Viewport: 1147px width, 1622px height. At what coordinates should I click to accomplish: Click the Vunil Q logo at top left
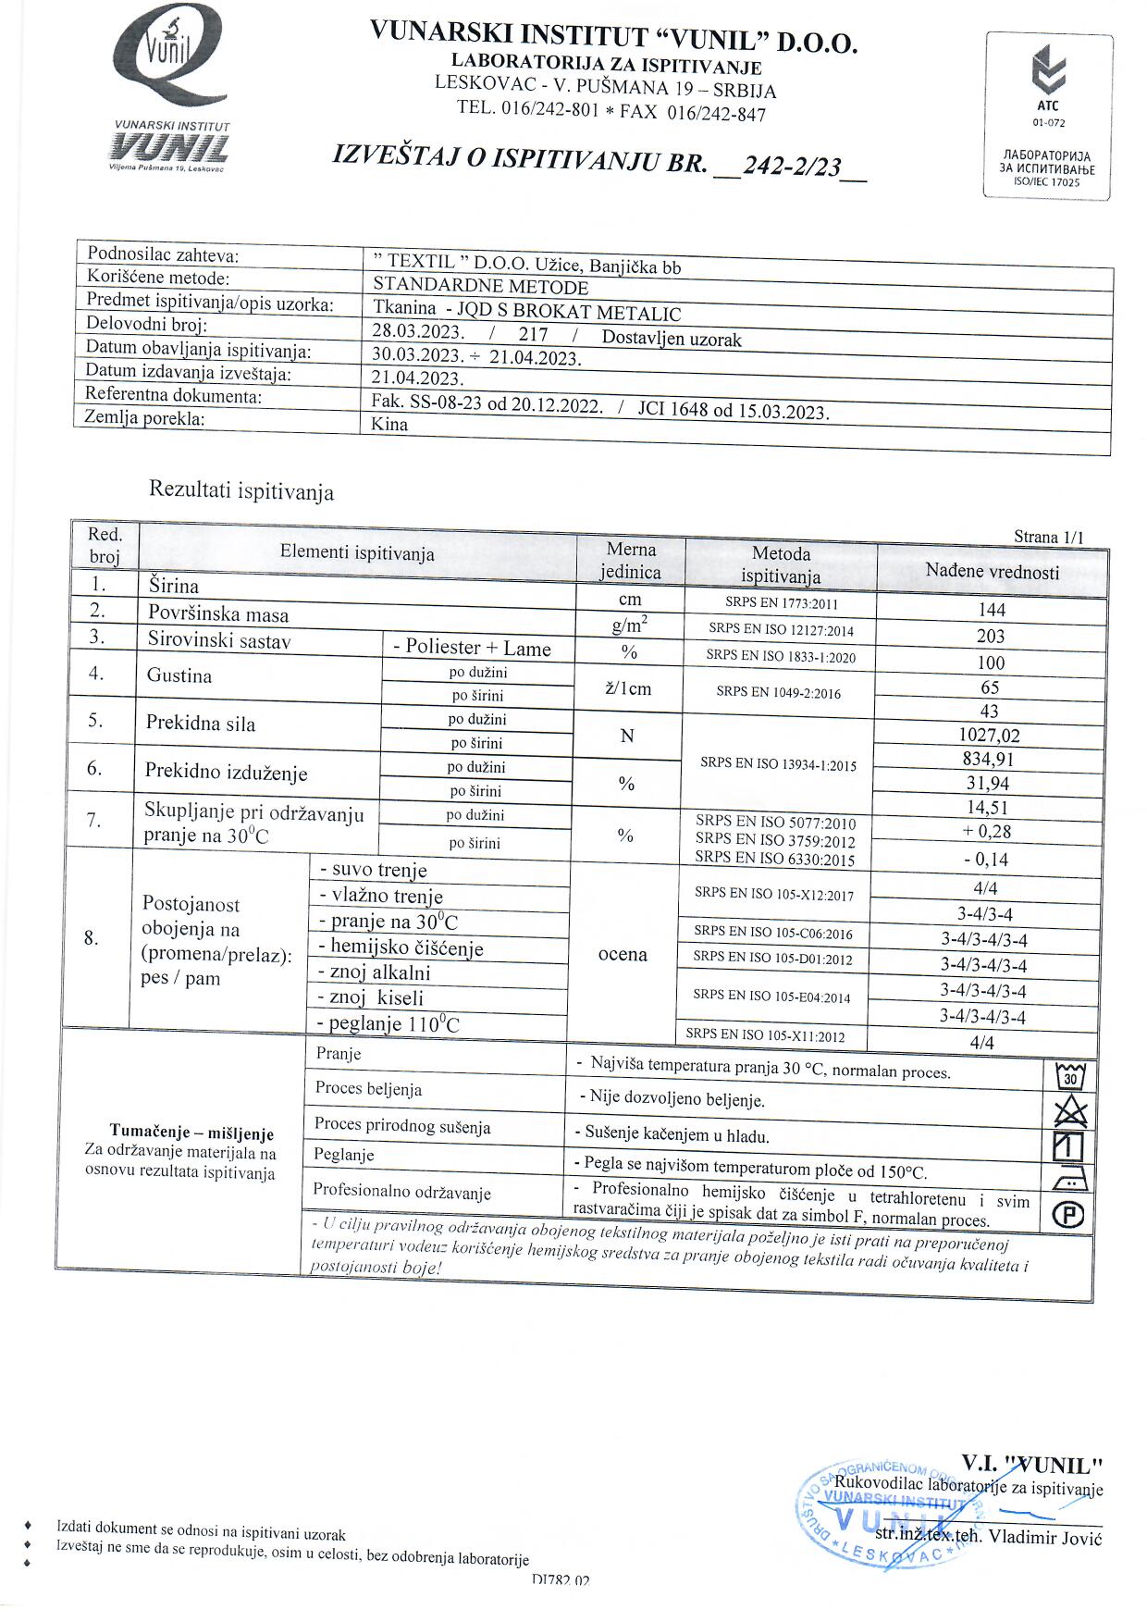pos(172,88)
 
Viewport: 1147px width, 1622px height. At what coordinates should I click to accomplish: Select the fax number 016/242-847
pos(716,114)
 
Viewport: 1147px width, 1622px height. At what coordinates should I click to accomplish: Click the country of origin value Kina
pos(389,424)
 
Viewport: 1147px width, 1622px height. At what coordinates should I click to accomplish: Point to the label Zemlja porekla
pos(144,417)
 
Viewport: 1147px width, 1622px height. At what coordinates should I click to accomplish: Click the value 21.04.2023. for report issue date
pos(416,378)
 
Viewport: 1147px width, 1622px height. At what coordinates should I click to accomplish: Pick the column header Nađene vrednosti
pos(992,571)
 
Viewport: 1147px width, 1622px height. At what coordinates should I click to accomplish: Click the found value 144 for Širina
pos(991,610)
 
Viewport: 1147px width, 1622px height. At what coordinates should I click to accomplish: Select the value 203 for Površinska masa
pos(990,636)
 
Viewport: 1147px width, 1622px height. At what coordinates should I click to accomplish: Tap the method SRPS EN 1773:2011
pos(781,603)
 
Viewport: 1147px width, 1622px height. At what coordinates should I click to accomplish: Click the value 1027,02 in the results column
pos(989,736)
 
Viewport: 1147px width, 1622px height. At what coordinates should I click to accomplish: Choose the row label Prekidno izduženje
pos(226,772)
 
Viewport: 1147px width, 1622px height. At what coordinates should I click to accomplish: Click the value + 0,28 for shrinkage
pos(987,831)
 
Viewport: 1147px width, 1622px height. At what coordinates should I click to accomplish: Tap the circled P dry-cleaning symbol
pos(1067,1216)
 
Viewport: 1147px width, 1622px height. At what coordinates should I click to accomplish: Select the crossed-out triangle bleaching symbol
pos(1069,1112)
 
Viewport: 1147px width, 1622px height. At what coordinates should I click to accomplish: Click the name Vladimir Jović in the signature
pos(1045,1538)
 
